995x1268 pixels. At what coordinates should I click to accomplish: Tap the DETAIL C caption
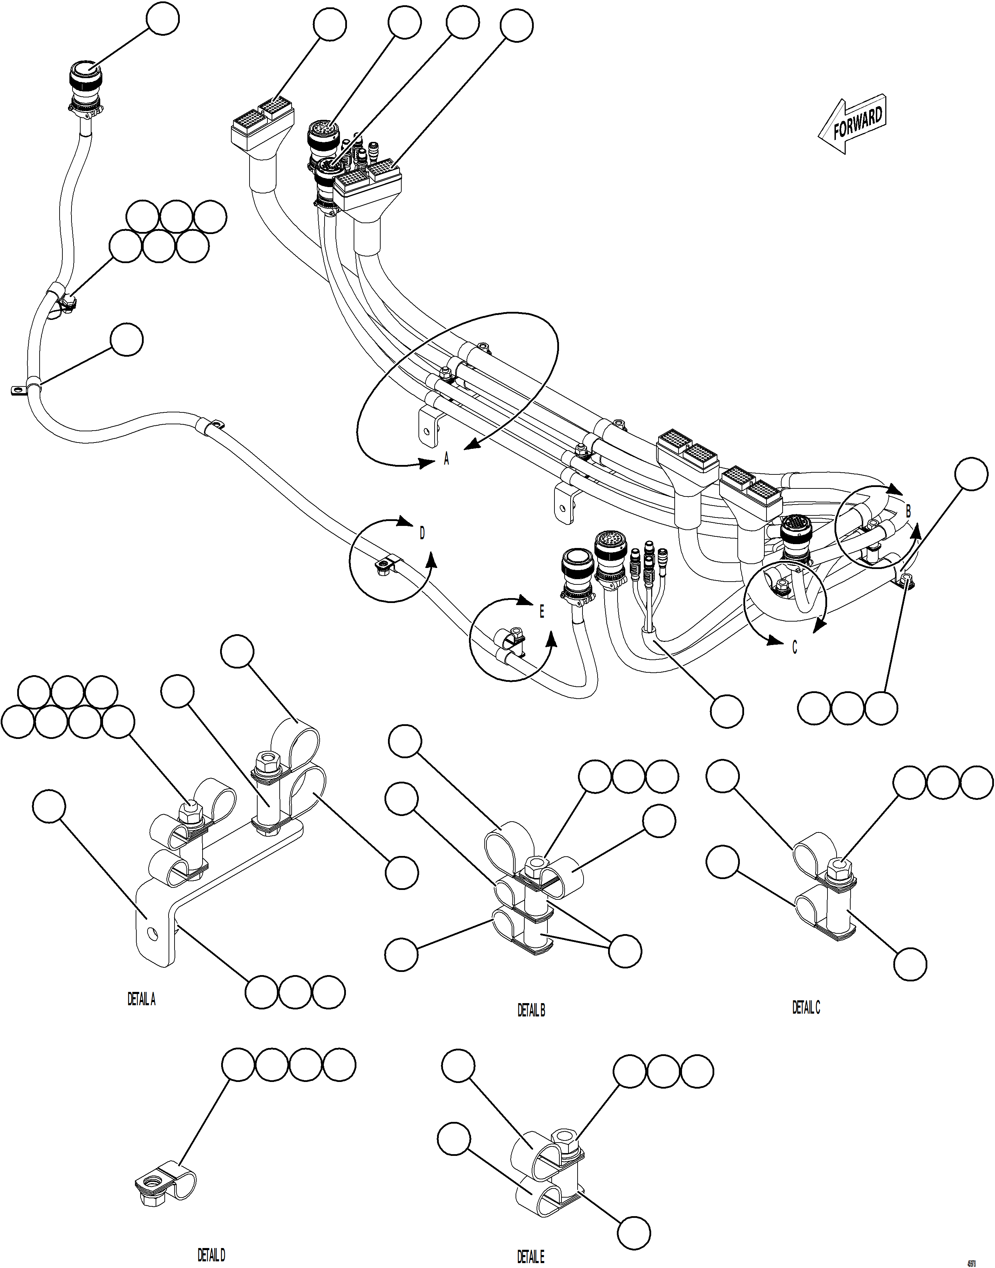click(806, 1007)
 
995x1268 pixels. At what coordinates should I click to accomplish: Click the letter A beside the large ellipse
click(446, 460)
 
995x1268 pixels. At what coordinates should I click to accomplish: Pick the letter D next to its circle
click(422, 533)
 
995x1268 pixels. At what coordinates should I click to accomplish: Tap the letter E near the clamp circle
click(541, 611)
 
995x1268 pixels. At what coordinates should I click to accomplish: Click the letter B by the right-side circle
click(908, 512)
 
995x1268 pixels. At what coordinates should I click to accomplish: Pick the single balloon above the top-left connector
click(163, 19)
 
